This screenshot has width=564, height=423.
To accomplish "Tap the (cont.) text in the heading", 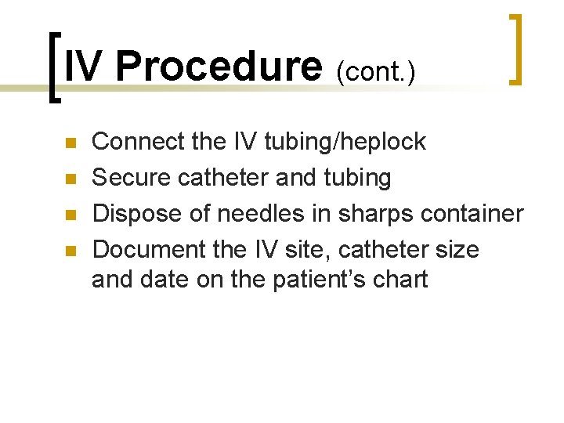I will click(x=375, y=71).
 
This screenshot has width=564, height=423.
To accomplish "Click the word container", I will click(x=475, y=214).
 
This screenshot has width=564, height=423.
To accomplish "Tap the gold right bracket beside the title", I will click(x=516, y=49).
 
